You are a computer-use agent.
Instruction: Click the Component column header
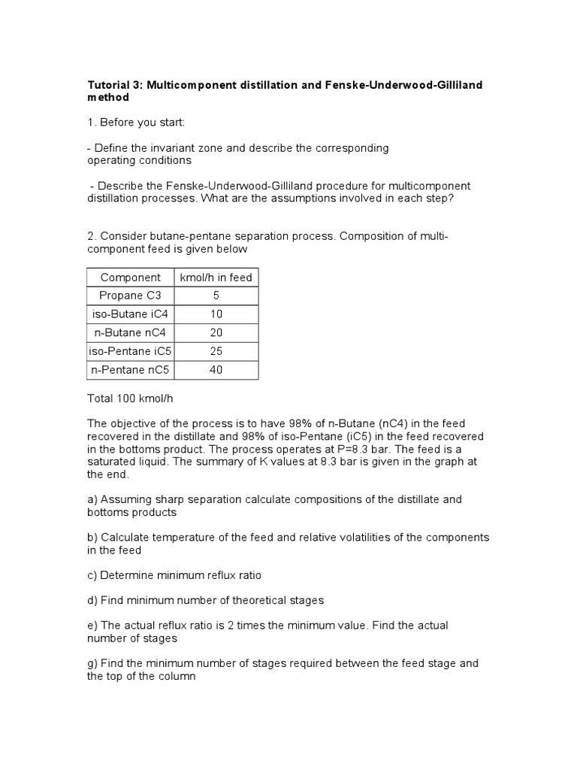(x=130, y=277)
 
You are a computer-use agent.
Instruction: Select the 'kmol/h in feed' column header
(x=216, y=277)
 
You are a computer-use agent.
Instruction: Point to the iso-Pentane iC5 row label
(x=130, y=351)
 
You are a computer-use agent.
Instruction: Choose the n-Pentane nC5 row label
(x=130, y=370)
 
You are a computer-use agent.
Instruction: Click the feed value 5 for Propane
(x=216, y=296)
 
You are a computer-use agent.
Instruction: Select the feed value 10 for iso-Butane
(x=216, y=314)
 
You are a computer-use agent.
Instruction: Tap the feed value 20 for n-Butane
(x=216, y=332)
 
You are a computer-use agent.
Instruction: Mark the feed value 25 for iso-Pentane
(x=216, y=351)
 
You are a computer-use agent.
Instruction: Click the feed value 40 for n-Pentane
(x=216, y=370)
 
